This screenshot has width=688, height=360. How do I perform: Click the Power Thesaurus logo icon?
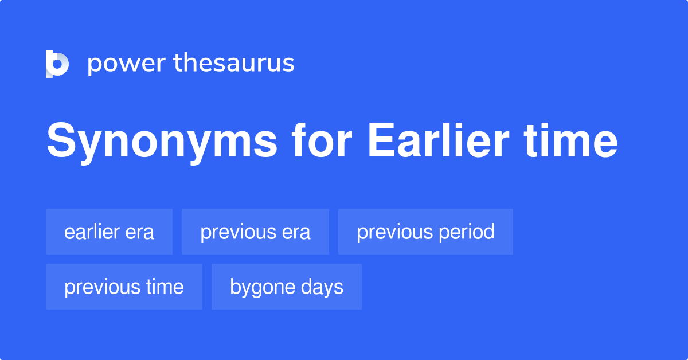pos(57,64)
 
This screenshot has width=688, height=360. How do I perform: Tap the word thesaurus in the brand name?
pos(234,64)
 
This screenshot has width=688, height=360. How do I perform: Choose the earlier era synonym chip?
pos(109,232)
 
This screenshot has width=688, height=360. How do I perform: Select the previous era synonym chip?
pos(255,232)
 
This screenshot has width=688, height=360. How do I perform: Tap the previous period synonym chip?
pos(425,232)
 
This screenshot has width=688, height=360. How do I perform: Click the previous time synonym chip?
pos(124,287)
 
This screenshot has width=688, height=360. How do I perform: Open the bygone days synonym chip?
pos(287,287)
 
